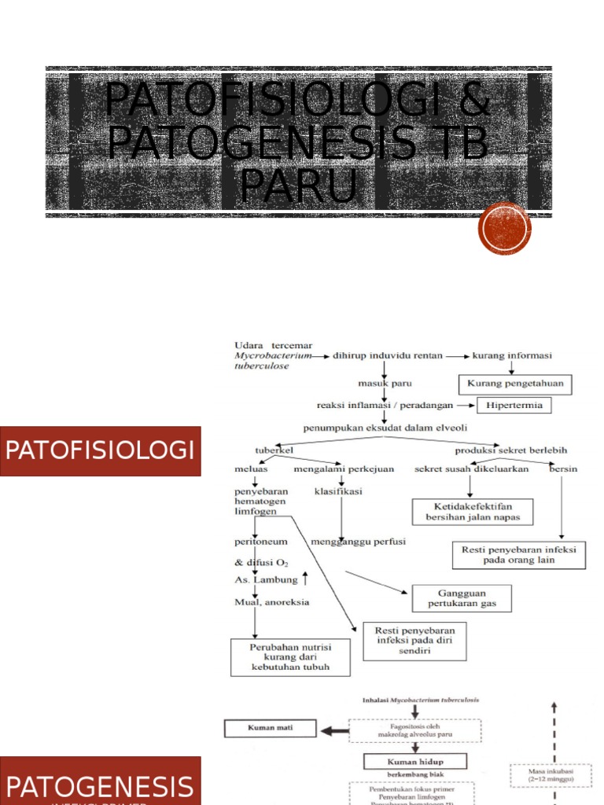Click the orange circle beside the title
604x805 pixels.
tap(505, 229)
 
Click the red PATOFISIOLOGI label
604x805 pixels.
tap(100, 451)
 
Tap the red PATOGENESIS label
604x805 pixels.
tap(100, 785)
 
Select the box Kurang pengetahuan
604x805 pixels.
tap(515, 384)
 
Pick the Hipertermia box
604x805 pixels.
tap(514, 406)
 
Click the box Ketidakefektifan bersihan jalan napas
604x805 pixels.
tap(472, 512)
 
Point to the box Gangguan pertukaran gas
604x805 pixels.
tap(461, 598)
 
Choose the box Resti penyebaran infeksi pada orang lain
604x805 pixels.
tap(519, 555)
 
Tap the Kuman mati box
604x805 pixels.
tap(271, 728)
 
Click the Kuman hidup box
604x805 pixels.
tap(415, 761)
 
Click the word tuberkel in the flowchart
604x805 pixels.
tap(273, 450)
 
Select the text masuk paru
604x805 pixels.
tap(385, 383)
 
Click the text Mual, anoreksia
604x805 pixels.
tap(271, 602)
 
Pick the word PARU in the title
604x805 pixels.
tap(298, 186)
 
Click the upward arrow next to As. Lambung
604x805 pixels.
tap(305, 579)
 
